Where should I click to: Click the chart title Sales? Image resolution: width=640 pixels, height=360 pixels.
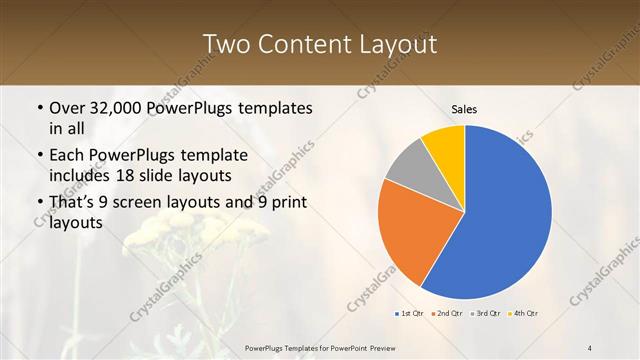pyautogui.click(x=464, y=109)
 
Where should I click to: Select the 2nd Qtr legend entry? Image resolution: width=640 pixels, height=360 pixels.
pyautogui.click(x=447, y=313)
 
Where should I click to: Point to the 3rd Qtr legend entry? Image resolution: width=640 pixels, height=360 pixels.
pyautogui.click(x=486, y=313)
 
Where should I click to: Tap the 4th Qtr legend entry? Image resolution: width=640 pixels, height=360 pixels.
pyautogui.click(x=525, y=313)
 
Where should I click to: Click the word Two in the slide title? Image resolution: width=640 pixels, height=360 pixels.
pyautogui.click(x=225, y=44)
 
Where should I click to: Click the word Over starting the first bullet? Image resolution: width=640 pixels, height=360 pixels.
pyautogui.click(x=68, y=108)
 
